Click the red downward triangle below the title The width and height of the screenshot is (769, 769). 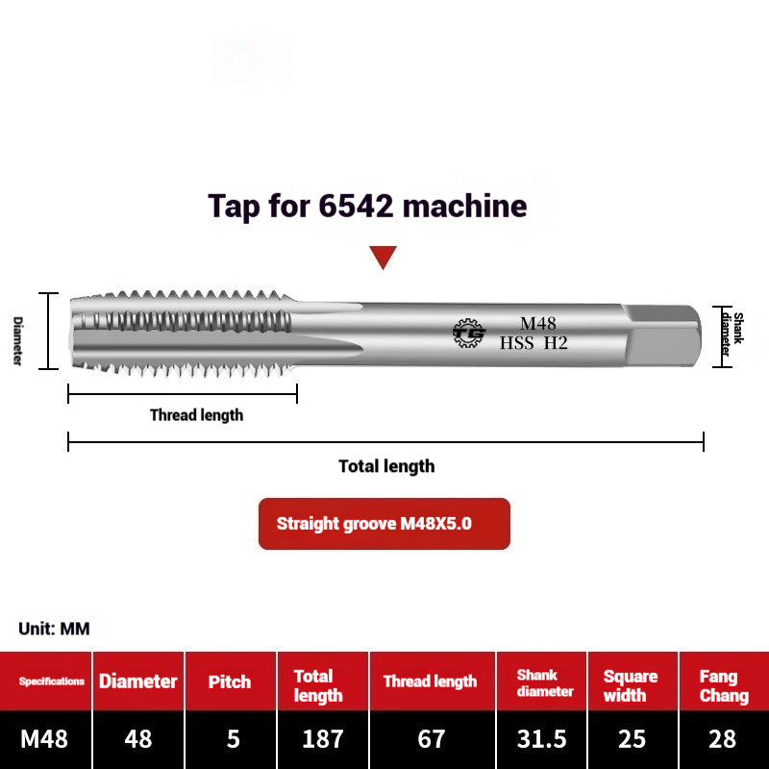pyautogui.click(x=384, y=257)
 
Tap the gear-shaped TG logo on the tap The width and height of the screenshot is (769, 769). pyautogui.click(x=469, y=333)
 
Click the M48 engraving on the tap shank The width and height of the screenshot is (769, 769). pyautogui.click(x=538, y=323)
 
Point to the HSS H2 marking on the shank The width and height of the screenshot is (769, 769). pyautogui.click(x=533, y=342)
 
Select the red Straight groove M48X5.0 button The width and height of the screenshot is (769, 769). pyautogui.click(x=384, y=524)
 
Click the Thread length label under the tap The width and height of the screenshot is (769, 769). pyautogui.click(x=196, y=415)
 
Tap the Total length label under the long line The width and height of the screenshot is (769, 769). pyautogui.click(x=386, y=466)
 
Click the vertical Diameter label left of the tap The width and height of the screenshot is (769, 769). pyautogui.click(x=17, y=340)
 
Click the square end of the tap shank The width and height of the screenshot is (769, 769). pyautogui.click(x=663, y=332)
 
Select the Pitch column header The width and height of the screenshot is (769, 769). pyautogui.click(x=231, y=682)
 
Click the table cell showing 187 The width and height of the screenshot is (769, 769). pyautogui.click(x=322, y=738)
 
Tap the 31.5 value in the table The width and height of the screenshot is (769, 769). pyautogui.click(x=541, y=738)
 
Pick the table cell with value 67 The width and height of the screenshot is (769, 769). pyautogui.click(x=432, y=738)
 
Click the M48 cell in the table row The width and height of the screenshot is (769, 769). pyautogui.click(x=44, y=738)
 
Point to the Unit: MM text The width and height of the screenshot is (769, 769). pyautogui.click(x=54, y=629)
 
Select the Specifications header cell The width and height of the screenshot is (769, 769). pyautogui.click(x=52, y=682)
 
